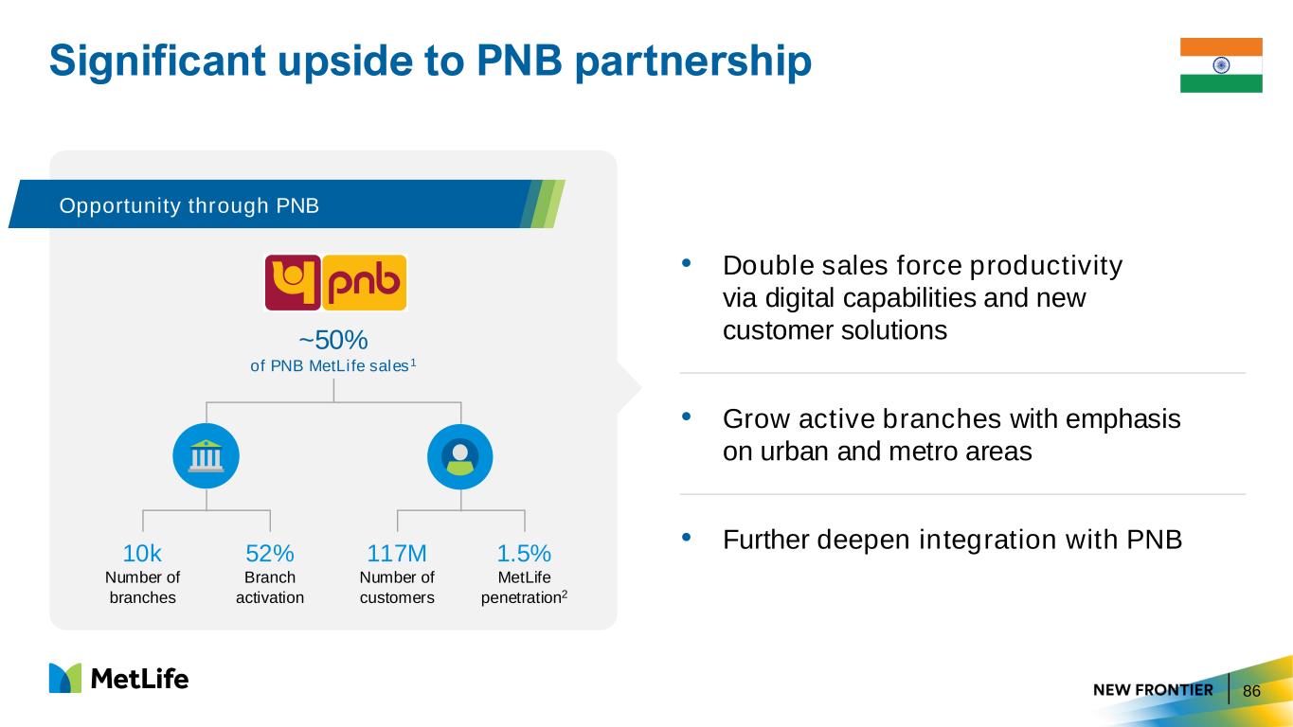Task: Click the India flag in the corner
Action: pos(1221,65)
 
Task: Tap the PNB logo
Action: pos(335,283)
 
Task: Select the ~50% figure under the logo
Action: pos(333,340)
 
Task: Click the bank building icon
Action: pos(207,456)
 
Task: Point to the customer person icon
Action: pos(460,456)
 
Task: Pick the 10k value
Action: pos(142,554)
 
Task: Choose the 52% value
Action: pos(270,554)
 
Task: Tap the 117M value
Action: pos(397,554)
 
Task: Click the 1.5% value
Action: pos(524,554)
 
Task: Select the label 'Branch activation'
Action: pos(270,587)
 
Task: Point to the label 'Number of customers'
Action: pos(397,587)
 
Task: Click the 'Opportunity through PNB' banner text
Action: pos(189,206)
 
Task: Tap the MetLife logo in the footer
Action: pos(119,678)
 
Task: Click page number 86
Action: pos(1251,691)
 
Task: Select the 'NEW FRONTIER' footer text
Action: pos(1153,690)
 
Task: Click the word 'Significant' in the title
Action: pos(157,61)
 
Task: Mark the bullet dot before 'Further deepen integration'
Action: pos(687,538)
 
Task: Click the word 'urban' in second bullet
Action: pos(795,452)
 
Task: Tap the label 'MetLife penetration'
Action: pos(524,587)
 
